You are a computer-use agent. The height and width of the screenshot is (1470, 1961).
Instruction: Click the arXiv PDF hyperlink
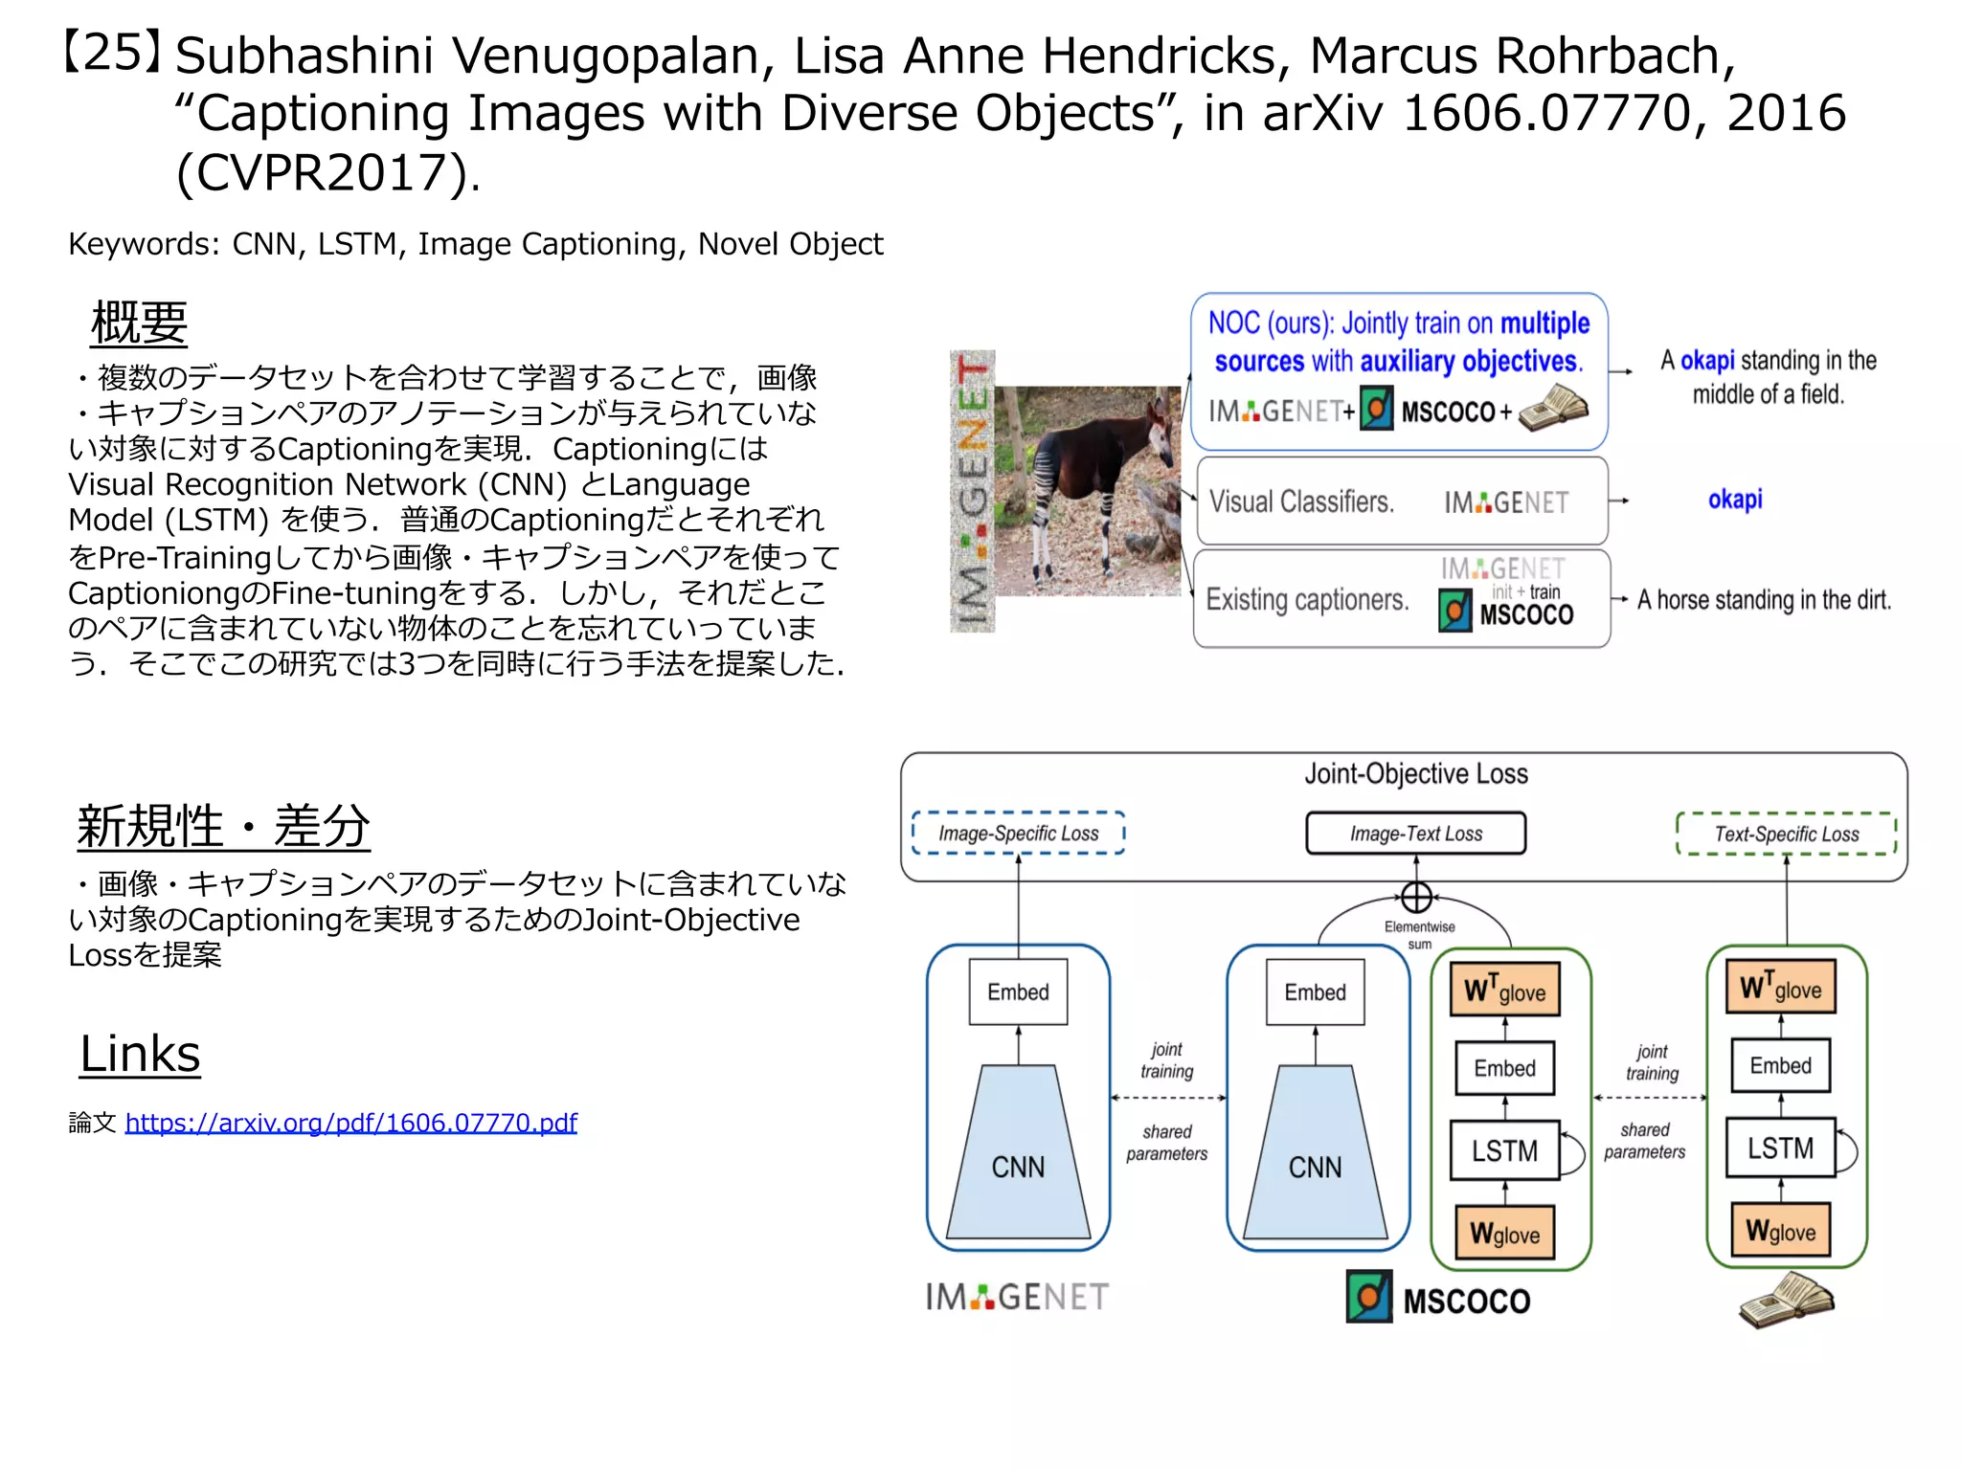[x=350, y=1123]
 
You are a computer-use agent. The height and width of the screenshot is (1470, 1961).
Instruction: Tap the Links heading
[x=140, y=1055]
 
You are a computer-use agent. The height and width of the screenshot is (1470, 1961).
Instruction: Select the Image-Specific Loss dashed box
[x=1018, y=834]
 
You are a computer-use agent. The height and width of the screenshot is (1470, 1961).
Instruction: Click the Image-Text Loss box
[x=1415, y=834]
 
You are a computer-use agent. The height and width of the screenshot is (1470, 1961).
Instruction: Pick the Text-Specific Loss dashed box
[x=1786, y=834]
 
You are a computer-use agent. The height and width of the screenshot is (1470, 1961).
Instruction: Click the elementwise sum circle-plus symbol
[x=1416, y=898]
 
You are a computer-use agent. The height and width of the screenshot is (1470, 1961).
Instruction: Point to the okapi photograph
[x=1088, y=491]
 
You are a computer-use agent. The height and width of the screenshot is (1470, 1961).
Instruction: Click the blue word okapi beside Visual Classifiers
[x=1734, y=500]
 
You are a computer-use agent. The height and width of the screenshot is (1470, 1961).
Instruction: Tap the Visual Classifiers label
[x=1301, y=501]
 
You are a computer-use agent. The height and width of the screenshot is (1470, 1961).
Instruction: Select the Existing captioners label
[x=1307, y=600]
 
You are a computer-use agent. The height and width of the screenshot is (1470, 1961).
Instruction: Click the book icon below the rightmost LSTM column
[x=1786, y=1300]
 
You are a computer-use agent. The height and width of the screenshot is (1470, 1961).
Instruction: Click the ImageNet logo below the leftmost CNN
[x=1017, y=1298]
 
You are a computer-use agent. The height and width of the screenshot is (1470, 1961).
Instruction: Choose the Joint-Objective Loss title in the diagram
[x=1415, y=773]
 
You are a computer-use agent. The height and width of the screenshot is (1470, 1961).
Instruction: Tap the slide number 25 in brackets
[x=111, y=52]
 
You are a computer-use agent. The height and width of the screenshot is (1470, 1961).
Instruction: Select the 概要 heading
[x=139, y=323]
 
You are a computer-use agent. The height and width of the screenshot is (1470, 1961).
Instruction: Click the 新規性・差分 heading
[x=223, y=826]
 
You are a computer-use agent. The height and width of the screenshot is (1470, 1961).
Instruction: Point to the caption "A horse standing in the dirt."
[x=1764, y=600]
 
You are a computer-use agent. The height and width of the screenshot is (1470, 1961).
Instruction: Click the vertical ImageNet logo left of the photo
[x=972, y=491]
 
